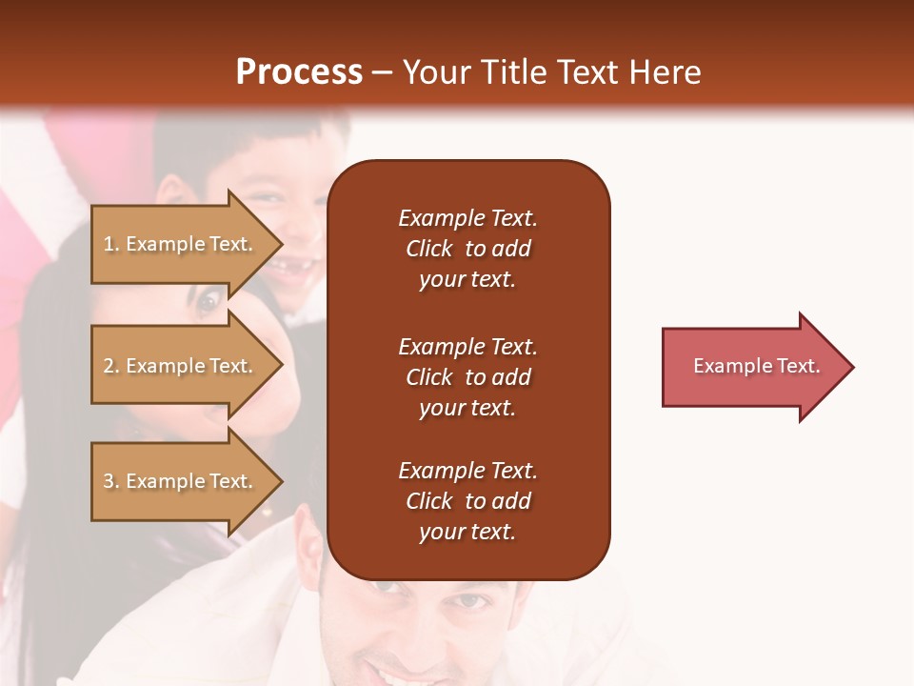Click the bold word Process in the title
tap(299, 72)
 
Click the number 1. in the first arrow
tap(111, 244)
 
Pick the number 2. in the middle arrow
tap(111, 366)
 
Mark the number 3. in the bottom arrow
tap(111, 481)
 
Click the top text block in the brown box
tap(467, 249)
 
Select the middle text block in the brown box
tap(467, 377)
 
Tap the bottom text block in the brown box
tap(467, 501)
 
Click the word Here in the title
tap(667, 72)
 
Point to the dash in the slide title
tap(381, 73)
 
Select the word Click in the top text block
tap(429, 249)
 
